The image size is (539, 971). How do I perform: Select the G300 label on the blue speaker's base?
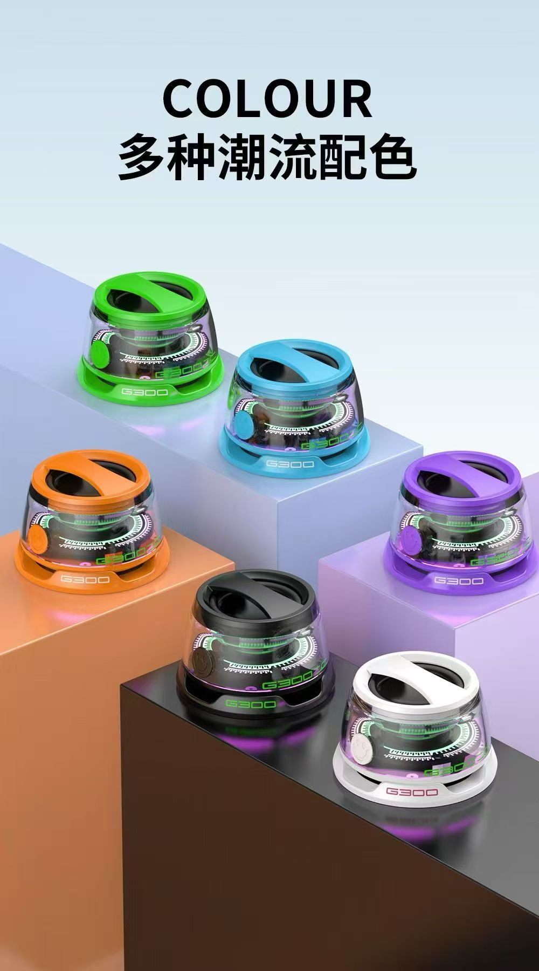(x=290, y=463)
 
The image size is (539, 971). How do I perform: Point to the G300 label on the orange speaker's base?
(x=85, y=579)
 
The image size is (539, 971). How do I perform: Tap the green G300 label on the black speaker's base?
(x=251, y=703)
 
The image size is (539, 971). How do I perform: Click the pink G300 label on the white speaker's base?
(x=412, y=792)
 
